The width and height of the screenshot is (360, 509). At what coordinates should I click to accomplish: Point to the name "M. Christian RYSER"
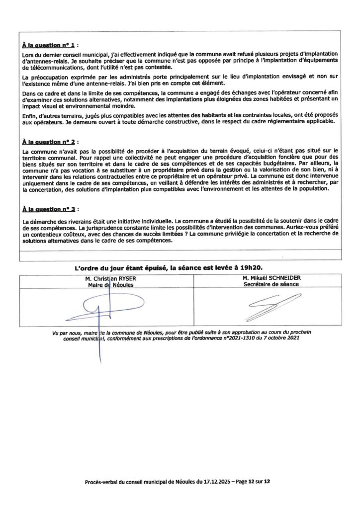pyautogui.click(x=110, y=279)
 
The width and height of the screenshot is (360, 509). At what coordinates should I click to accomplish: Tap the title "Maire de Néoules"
pyautogui.click(x=110, y=285)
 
